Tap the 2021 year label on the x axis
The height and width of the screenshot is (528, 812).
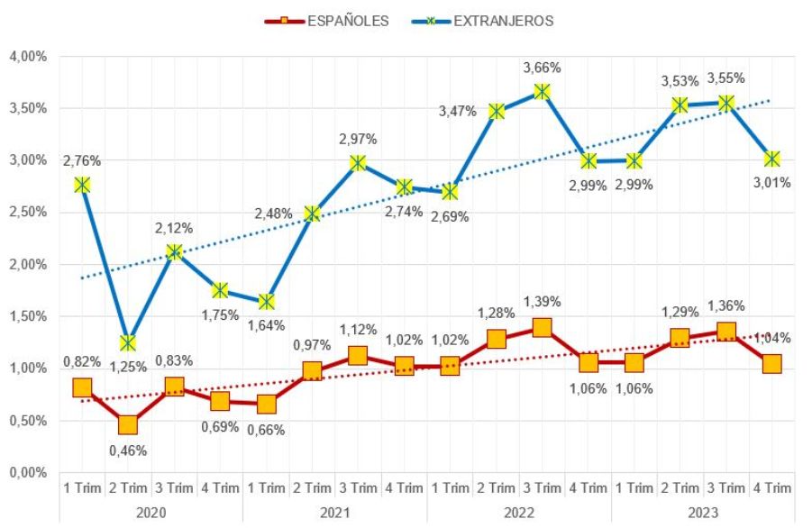(334, 512)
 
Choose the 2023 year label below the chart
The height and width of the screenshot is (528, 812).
(702, 512)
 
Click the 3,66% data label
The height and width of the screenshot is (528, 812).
(543, 68)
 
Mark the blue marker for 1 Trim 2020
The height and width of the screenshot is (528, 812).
(82, 185)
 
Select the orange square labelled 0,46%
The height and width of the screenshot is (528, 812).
(128, 424)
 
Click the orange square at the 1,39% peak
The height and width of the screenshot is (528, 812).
(542, 328)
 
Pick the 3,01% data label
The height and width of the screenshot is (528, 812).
(772, 183)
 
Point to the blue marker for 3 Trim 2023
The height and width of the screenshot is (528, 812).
(725, 103)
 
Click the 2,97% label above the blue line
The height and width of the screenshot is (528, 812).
(358, 139)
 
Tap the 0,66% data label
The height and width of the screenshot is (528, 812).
(266, 430)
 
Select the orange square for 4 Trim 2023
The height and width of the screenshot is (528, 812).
(771, 364)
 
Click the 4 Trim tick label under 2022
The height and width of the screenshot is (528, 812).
(588, 488)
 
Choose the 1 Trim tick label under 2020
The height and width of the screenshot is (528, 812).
(82, 488)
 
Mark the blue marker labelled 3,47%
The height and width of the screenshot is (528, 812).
(496, 112)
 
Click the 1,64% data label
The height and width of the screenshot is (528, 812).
(266, 325)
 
